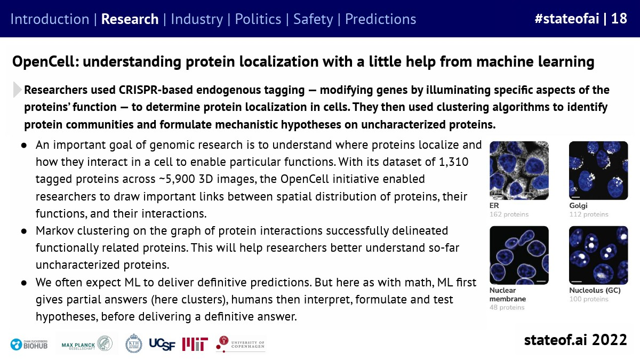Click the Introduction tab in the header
tap(50, 19)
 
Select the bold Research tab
tap(130, 19)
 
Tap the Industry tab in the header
tap(197, 19)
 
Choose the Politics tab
tap(258, 19)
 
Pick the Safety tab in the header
tap(313, 19)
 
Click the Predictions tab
tap(381, 19)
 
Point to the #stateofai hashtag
tap(567, 19)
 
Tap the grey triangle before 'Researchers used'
tap(18, 90)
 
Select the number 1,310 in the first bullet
tap(453, 162)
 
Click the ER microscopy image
tap(519, 171)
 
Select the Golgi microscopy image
tap(598, 171)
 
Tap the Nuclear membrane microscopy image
tap(519, 255)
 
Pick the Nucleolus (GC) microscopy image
tap(598, 255)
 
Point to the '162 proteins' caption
tap(509, 214)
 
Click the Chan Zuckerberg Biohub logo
tap(29, 345)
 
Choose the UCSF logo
tap(162, 345)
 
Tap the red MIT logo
tap(195, 345)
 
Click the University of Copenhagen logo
tap(241, 344)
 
